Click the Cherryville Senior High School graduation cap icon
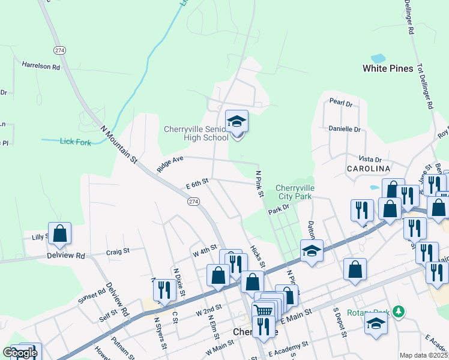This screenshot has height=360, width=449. tap(237, 121)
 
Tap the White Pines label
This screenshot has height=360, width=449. tap(388, 68)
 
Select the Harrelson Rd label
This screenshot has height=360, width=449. tap(41, 65)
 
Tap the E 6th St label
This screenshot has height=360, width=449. tap(197, 181)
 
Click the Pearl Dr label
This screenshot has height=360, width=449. tap(341, 103)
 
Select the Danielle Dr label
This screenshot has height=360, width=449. tap(344, 129)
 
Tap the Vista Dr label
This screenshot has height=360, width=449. tap(370, 159)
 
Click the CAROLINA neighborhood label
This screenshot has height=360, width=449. tap(368, 169)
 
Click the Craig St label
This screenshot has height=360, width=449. tap(118, 253)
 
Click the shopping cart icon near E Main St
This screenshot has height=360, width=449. tap(264, 311)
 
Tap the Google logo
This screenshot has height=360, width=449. tap(19, 353)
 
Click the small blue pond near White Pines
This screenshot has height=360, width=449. tap(378, 59)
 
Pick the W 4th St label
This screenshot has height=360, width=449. tap(204, 250)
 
